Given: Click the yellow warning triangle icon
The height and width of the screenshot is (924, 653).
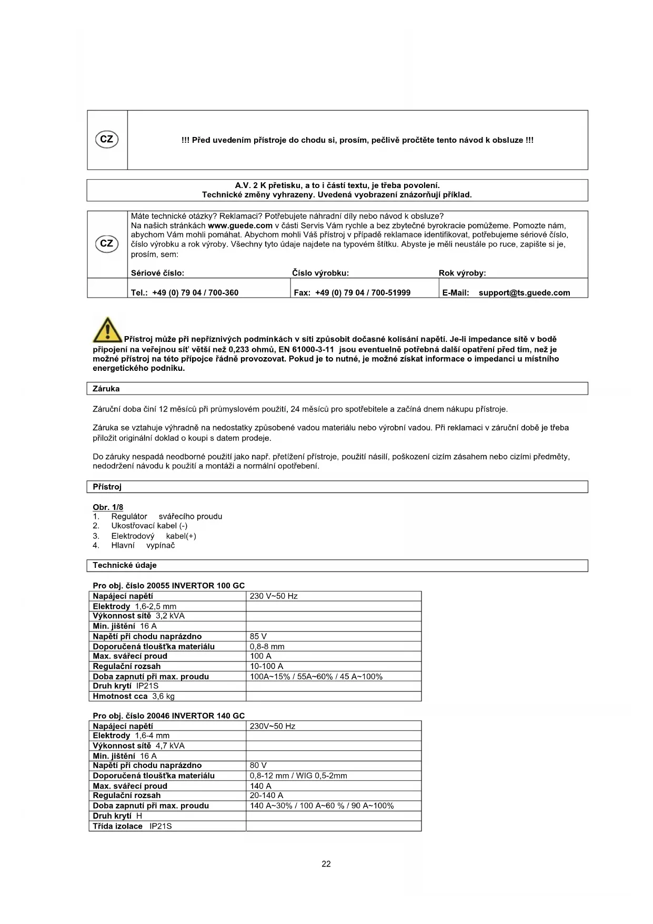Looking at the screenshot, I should [x=107, y=330].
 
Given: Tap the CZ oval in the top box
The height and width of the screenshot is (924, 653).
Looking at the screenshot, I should [x=106, y=140].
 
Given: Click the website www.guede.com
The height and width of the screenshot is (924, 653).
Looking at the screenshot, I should [x=240, y=225].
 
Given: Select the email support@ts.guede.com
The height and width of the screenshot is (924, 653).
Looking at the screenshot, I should [x=524, y=293].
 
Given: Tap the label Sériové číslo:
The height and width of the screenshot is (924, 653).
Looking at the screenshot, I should [x=157, y=273].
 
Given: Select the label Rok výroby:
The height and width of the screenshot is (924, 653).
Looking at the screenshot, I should [x=462, y=273].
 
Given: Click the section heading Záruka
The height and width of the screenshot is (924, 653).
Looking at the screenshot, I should [x=106, y=389].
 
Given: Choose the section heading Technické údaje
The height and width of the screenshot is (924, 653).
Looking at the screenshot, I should [x=125, y=565].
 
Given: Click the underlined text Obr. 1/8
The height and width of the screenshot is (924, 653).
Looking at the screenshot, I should [x=108, y=507].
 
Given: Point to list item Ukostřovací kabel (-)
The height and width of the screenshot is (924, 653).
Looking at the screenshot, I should [x=149, y=526].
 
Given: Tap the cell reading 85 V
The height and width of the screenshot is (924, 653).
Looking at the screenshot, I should [x=258, y=636].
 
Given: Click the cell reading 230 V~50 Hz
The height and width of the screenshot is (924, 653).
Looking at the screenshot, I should [x=274, y=596].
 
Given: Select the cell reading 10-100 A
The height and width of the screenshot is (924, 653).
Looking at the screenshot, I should [x=266, y=666].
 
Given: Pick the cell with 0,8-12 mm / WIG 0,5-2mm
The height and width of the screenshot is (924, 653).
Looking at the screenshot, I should [x=298, y=776].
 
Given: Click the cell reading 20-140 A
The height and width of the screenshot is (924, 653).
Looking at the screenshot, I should [x=266, y=795].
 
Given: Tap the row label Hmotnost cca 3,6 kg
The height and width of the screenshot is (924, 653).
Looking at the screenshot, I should [x=134, y=696].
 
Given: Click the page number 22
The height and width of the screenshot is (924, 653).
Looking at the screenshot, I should [x=326, y=864].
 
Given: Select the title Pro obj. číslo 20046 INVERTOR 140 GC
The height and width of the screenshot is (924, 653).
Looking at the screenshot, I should [x=168, y=716].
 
